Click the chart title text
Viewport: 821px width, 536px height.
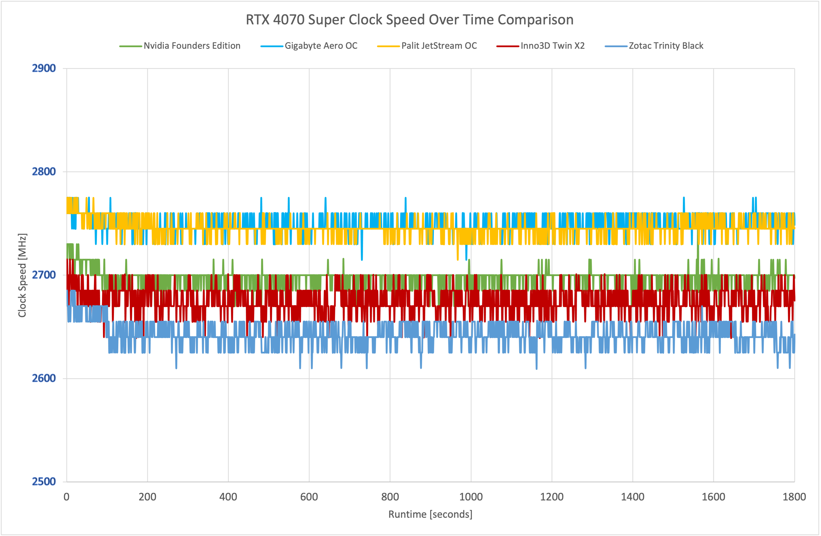(409, 20)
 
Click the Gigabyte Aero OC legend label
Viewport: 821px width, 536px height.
(321, 46)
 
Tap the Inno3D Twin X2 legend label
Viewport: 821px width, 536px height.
(552, 46)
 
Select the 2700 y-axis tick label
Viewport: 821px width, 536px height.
(44, 275)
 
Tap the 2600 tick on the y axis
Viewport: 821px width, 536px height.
(44, 378)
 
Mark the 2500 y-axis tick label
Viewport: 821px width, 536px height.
(44, 481)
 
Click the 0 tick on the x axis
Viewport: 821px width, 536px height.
(67, 497)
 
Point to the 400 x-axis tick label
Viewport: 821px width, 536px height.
(228, 497)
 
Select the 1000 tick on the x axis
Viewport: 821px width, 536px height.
(471, 497)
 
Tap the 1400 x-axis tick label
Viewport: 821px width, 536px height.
(633, 497)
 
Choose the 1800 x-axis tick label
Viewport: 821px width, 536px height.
(794, 497)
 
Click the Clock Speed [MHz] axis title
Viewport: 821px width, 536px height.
(22, 275)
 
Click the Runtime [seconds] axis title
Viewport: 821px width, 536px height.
(430, 514)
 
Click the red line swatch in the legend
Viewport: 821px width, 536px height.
(507, 46)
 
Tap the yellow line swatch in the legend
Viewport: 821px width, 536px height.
(388, 46)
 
